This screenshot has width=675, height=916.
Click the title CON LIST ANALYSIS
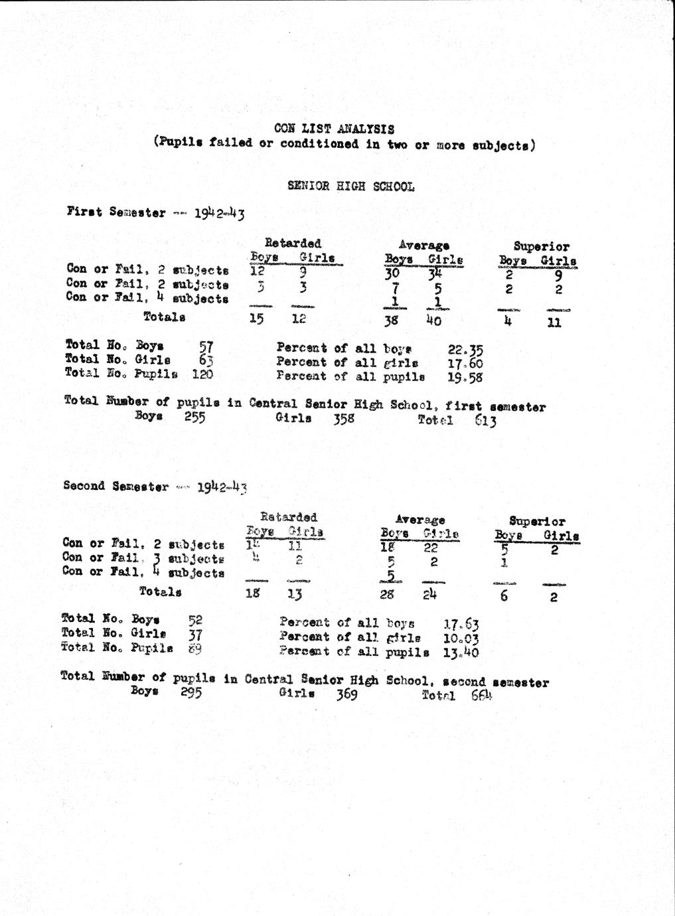tap(334, 128)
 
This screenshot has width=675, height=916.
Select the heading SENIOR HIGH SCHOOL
tap(350, 187)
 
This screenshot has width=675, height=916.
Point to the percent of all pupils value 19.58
tap(465, 378)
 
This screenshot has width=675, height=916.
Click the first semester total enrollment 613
tap(485, 421)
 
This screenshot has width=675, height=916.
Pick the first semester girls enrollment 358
tap(344, 419)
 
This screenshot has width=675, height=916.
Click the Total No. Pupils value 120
tap(202, 374)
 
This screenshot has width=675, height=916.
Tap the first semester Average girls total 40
tap(433, 321)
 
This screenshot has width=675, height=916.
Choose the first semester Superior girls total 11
tap(555, 323)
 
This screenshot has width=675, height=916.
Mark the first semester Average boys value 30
tap(392, 273)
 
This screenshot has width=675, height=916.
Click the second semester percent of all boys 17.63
tap(461, 624)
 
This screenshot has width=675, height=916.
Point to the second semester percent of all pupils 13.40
tap(461, 652)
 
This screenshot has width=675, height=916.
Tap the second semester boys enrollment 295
tap(190, 692)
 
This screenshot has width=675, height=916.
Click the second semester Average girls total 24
tap(430, 595)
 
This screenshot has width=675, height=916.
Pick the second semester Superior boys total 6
tap(504, 596)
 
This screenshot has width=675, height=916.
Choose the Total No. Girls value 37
tap(195, 635)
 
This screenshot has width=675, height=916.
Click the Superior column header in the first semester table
tap(541, 246)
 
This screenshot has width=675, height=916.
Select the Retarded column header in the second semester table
tap(288, 516)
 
